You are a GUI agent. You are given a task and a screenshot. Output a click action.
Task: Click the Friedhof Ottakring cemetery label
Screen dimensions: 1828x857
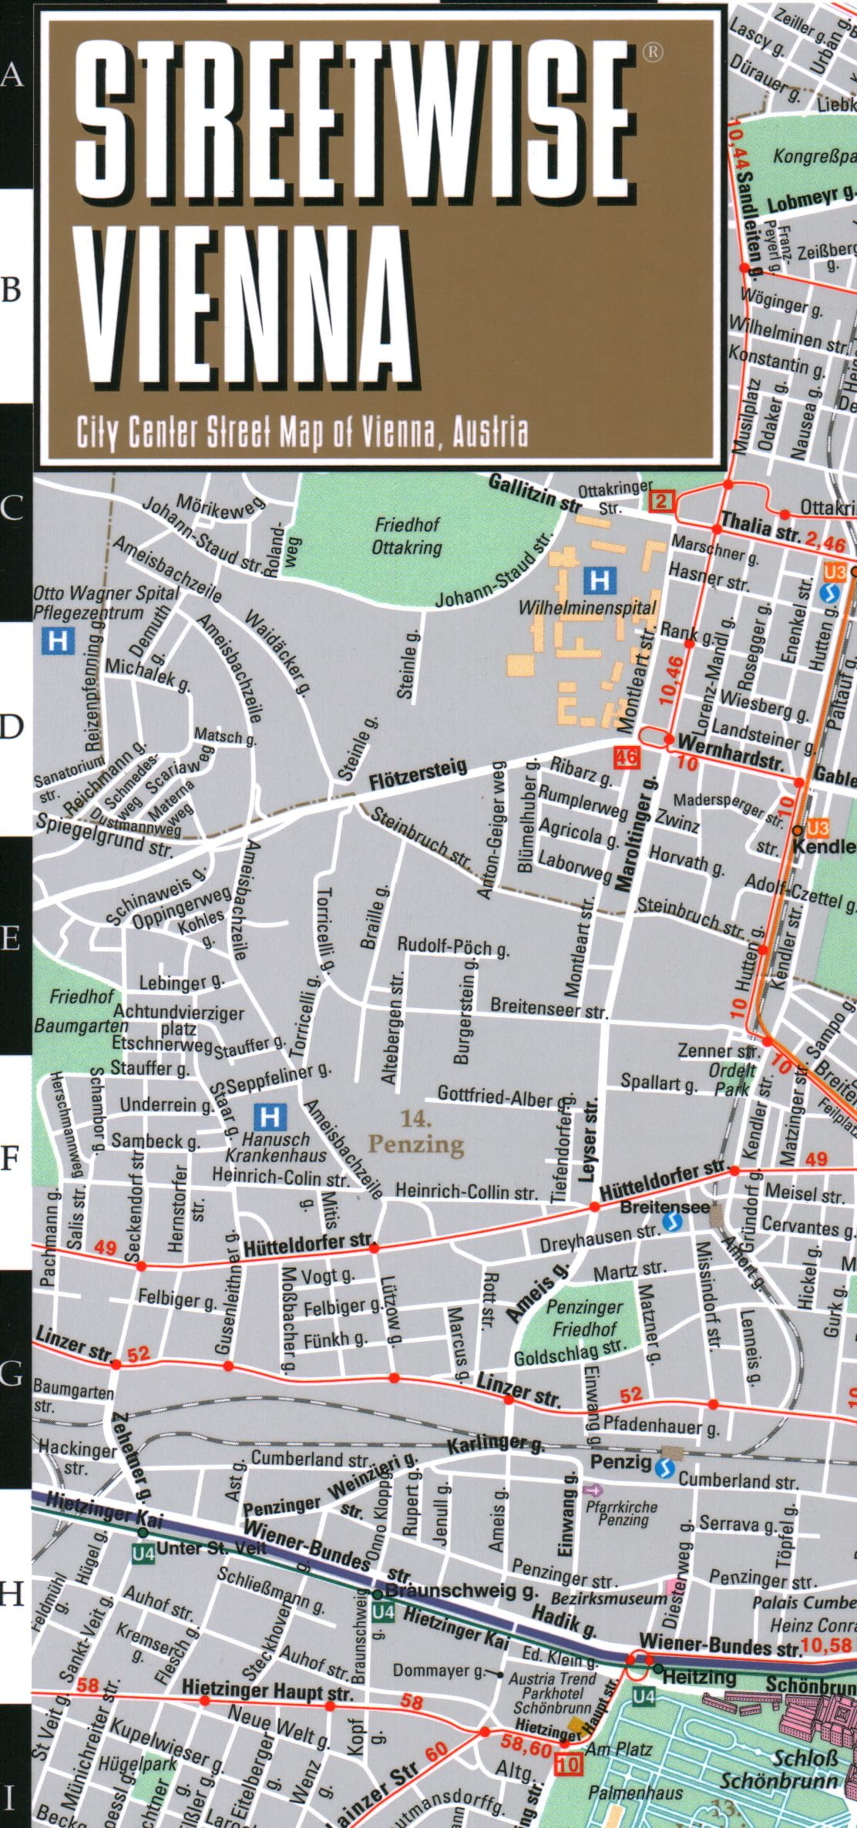[x=408, y=536]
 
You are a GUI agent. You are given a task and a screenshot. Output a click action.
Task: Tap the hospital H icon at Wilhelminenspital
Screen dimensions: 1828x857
[x=598, y=580]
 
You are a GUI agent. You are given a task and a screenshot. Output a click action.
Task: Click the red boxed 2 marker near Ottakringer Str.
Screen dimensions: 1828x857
[x=661, y=502]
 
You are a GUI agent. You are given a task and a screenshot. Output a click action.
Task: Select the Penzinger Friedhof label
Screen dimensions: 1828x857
[x=583, y=1318]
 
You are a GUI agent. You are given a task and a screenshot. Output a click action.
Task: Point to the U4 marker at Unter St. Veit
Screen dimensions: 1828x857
[x=143, y=1552]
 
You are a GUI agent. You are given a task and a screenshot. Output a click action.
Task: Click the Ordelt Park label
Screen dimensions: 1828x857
[x=732, y=1079]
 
